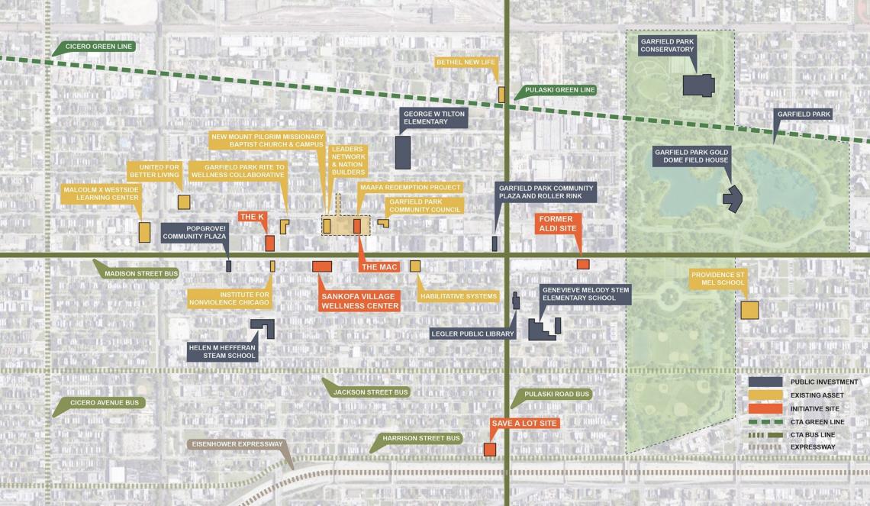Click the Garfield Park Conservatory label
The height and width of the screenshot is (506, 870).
[x=667, y=44]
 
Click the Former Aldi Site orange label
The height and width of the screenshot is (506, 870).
[x=560, y=224]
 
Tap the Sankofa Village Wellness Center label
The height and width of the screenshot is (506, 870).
[x=360, y=301]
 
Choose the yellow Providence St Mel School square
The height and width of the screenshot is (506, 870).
[x=749, y=310]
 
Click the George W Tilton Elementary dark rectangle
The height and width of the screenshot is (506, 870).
[x=403, y=153]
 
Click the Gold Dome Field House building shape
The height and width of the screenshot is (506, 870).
[x=733, y=198]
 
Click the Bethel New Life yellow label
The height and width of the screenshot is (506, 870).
[x=466, y=62]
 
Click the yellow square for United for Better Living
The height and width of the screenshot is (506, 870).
[x=184, y=201]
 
